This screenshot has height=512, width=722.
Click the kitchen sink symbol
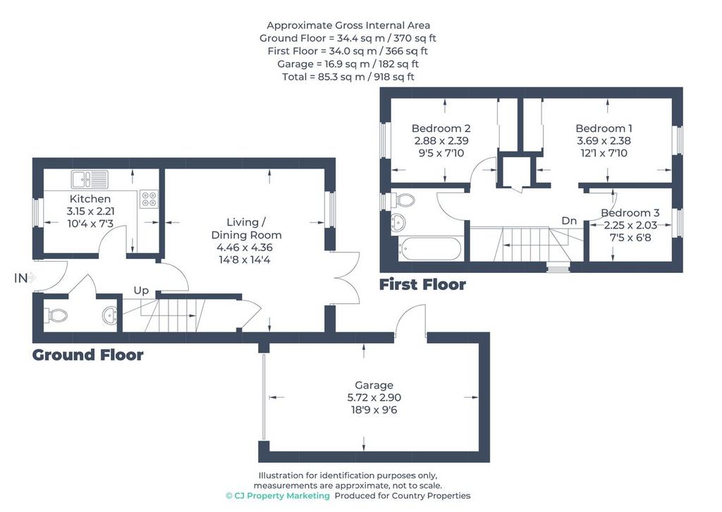point(90,179)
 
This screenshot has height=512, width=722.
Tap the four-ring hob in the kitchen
point(149,198)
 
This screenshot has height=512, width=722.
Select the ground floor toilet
point(56,315)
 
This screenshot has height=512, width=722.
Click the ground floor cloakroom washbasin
point(110,315)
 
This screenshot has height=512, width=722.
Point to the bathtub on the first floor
point(429,248)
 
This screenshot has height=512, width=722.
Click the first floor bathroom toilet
point(402,200)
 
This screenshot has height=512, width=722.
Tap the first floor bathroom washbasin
point(398,222)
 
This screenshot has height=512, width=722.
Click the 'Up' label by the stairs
point(141,291)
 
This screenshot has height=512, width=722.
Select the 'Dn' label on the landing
point(569,221)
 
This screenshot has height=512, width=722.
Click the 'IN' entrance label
point(21,278)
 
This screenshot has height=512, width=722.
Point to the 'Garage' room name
point(374,385)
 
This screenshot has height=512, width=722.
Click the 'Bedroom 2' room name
point(441,128)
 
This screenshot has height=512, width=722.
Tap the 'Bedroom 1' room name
point(604,128)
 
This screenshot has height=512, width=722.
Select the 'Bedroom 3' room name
point(630,213)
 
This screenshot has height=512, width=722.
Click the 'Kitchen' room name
point(90,199)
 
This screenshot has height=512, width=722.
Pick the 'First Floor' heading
point(422,284)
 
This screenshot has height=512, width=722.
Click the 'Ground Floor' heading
point(88,355)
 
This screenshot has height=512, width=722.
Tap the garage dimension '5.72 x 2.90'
point(374,397)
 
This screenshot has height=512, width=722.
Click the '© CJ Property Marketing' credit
point(278,496)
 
